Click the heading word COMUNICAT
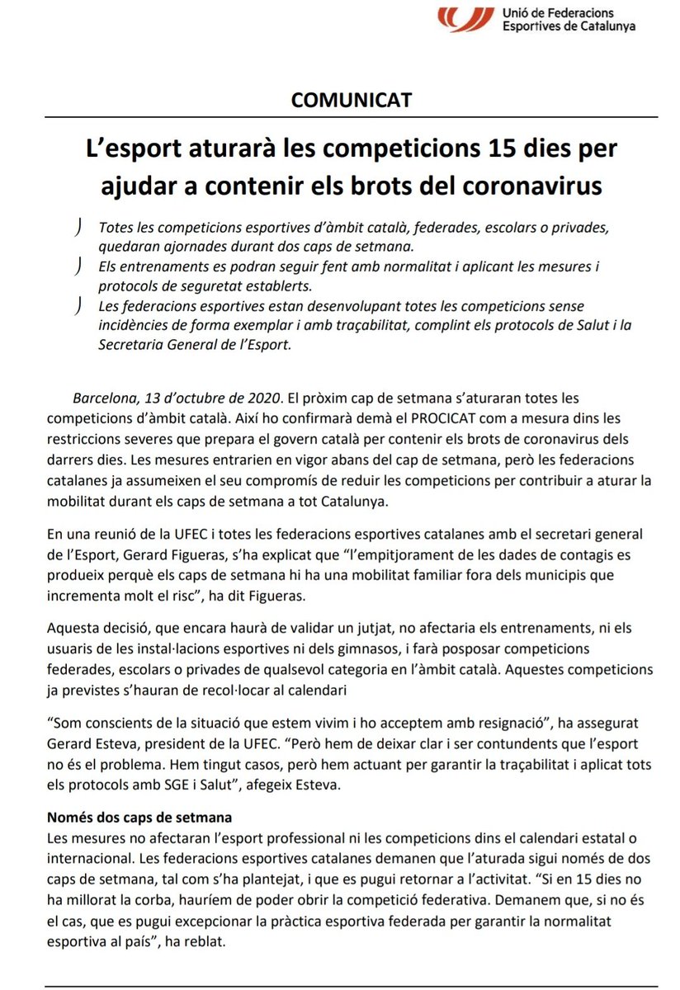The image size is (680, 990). point(352,101)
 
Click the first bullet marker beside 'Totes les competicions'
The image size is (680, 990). point(77,227)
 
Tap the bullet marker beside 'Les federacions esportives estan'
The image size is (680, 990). point(77,306)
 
